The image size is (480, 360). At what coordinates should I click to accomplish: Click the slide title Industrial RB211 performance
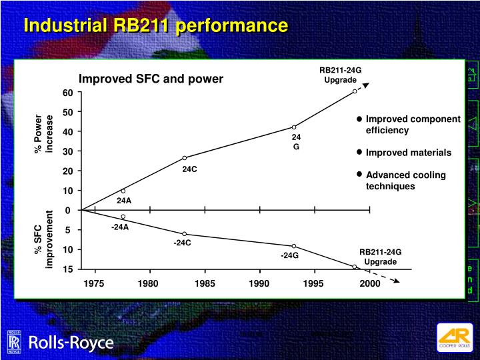click(155, 26)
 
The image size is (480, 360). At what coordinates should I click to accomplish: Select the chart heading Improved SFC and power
click(151, 79)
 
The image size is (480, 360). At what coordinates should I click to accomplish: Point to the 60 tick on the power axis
click(67, 92)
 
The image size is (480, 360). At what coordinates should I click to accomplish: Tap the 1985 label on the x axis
click(205, 283)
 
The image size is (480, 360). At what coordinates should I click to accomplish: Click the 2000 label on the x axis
click(369, 283)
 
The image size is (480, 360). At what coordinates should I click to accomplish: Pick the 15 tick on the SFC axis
click(68, 269)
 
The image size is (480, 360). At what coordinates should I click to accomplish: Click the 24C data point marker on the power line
click(185, 158)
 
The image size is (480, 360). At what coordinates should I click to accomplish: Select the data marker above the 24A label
click(123, 191)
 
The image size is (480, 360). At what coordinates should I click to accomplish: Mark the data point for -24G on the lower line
click(294, 246)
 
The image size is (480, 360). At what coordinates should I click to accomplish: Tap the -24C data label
click(183, 243)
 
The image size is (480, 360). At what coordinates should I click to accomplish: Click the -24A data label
click(120, 227)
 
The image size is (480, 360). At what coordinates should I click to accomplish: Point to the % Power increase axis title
click(43, 133)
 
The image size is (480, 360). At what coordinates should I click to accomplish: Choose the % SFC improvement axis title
click(43, 239)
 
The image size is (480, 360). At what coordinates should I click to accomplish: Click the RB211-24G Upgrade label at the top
click(340, 75)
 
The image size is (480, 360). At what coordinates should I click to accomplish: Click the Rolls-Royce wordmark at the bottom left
click(70, 343)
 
